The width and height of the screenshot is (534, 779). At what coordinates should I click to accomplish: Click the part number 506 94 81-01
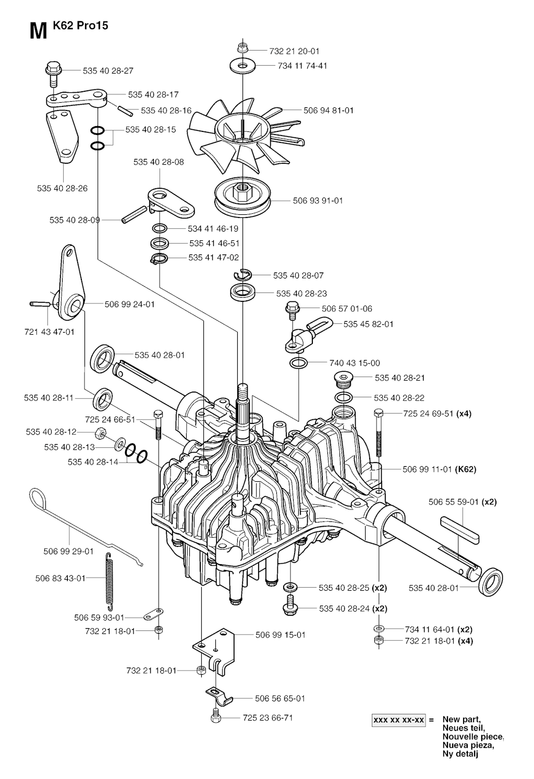point(329,111)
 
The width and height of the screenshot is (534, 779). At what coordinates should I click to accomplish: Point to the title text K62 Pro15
point(81,25)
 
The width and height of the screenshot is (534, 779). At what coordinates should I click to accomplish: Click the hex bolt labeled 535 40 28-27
point(53,73)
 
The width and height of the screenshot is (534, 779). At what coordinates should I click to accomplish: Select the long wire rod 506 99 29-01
point(78,527)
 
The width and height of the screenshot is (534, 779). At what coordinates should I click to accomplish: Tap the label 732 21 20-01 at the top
point(294,51)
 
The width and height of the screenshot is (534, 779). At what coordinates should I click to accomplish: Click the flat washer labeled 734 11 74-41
point(242,66)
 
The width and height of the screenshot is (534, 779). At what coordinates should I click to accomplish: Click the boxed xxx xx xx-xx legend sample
point(398,721)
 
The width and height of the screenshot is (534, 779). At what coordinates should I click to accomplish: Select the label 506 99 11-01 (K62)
point(439,469)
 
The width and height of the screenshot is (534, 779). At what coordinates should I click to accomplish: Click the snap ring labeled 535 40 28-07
point(242,274)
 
